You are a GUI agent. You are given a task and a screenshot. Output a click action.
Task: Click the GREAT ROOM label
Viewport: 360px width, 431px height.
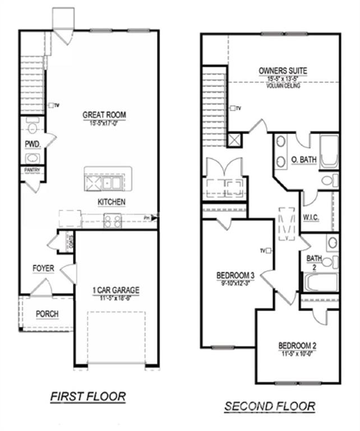pyautogui.click(x=104, y=115)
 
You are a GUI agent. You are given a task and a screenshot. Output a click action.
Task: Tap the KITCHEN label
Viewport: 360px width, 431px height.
pyautogui.click(x=112, y=201)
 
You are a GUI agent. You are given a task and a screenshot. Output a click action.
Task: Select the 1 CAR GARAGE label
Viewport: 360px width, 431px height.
pyautogui.click(x=116, y=290)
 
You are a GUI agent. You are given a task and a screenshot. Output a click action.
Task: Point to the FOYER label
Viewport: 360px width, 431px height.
pyautogui.click(x=43, y=268)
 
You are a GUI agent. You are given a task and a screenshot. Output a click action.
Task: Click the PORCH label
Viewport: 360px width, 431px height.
pyautogui.click(x=47, y=313)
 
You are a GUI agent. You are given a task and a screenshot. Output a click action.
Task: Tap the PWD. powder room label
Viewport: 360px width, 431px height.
pyautogui.click(x=31, y=144)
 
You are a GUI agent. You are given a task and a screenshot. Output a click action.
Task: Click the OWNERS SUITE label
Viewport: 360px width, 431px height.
pyautogui.click(x=283, y=71)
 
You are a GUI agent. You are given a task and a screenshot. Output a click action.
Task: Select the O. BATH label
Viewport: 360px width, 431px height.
pyautogui.click(x=304, y=160)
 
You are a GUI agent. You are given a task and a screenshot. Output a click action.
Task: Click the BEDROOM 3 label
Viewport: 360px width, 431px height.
pyautogui.click(x=236, y=276)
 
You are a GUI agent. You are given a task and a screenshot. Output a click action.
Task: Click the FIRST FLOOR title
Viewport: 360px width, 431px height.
pyautogui.click(x=88, y=396)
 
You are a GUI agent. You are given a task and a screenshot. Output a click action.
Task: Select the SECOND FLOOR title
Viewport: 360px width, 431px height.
pyautogui.click(x=270, y=406)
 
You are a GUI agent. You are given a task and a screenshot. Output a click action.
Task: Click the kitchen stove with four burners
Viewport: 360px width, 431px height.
pyautogui.click(x=113, y=221)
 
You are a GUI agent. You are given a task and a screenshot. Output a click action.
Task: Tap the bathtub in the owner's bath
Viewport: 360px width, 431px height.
pyautogui.click(x=329, y=151)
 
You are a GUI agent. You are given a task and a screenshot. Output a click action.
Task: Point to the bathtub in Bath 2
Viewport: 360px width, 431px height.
pyautogui.click(x=320, y=282)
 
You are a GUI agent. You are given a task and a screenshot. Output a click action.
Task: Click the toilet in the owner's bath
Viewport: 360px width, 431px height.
pyautogui.click(x=330, y=181)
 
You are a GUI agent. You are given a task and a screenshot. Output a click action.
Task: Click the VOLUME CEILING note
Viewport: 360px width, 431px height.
pyautogui.click(x=283, y=86)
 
